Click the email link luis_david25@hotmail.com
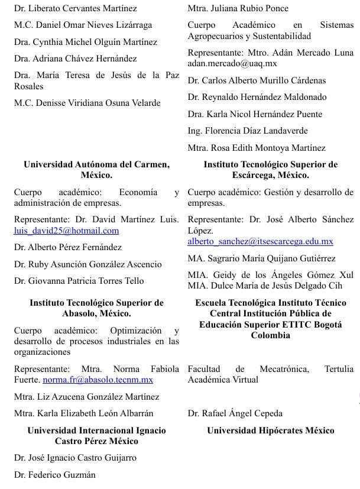66,231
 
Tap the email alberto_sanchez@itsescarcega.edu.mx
260,241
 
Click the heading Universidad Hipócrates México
271,430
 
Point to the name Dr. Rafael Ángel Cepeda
235,413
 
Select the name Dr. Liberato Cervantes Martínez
75,8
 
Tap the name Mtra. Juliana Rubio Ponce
238,8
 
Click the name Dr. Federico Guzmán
54,474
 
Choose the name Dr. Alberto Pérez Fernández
68,247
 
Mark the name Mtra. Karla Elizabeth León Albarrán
83,413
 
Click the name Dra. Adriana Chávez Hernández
75,58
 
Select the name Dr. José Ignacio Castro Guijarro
75,457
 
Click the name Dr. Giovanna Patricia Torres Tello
79,281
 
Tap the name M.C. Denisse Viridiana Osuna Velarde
87,102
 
